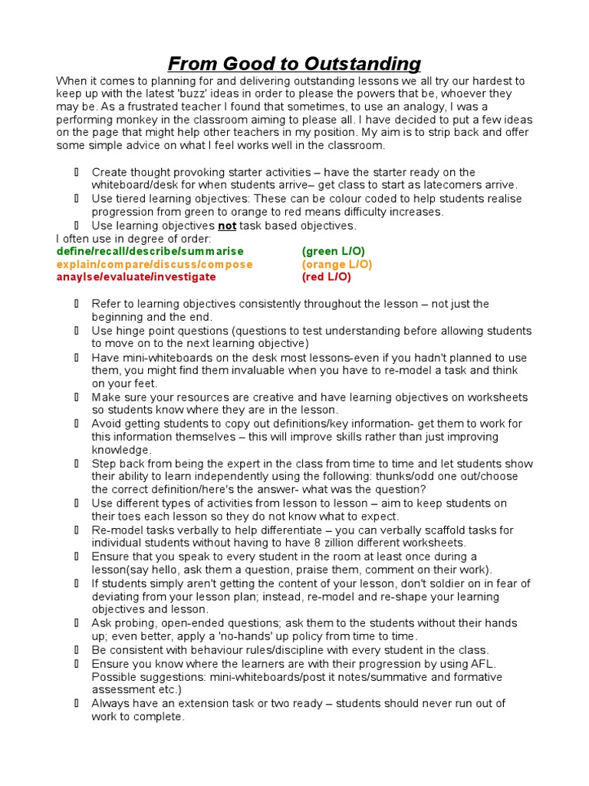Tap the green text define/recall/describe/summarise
click(150, 252)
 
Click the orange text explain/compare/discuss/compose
click(154, 265)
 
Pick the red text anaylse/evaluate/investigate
click(136, 277)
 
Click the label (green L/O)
click(334, 252)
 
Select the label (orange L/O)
click(337, 265)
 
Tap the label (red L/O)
click(327, 277)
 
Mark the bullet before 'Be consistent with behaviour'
click(77, 650)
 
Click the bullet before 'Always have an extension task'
click(77, 703)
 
